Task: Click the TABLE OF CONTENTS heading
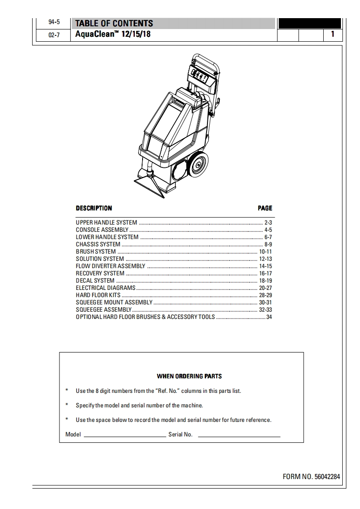(x=114, y=24)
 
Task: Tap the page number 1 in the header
(x=333, y=34)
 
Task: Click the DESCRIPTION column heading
(x=94, y=208)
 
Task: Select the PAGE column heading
(x=265, y=208)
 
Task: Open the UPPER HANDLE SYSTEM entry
(x=106, y=223)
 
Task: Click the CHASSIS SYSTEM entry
(x=98, y=245)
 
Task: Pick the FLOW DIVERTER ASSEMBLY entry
(x=110, y=266)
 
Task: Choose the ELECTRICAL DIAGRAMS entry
(x=105, y=288)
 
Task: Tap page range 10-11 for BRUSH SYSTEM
(x=265, y=252)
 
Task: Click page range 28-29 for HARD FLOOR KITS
(x=265, y=295)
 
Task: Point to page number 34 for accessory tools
(x=269, y=317)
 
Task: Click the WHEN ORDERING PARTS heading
(x=189, y=376)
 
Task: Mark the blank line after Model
(x=125, y=436)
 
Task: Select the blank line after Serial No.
(x=239, y=436)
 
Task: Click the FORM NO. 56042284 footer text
(x=311, y=477)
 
